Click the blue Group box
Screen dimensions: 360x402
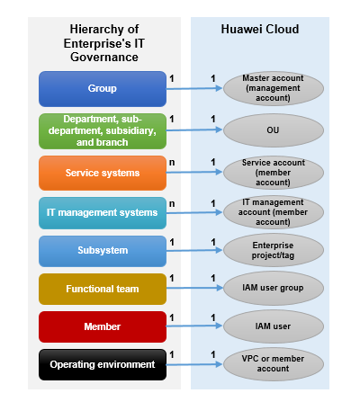tap(103, 89)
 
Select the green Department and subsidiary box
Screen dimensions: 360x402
tap(103, 131)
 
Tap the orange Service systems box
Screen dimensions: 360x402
tap(103, 173)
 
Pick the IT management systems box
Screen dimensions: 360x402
tap(103, 213)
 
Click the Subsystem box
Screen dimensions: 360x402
tap(103, 251)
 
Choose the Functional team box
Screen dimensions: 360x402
tap(103, 289)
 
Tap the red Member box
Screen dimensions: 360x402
tap(103, 326)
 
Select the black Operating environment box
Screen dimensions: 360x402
tap(103, 364)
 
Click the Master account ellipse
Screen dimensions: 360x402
tap(274, 88)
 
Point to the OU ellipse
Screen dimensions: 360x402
tap(274, 130)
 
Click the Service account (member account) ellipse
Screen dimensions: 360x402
tap(274, 173)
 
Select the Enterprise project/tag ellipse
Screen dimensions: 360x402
tap(274, 250)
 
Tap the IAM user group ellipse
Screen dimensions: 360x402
tap(274, 288)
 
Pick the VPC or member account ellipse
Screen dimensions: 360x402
tap(274, 364)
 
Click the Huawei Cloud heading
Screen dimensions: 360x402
tap(260, 29)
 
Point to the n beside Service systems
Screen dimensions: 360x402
tap(172, 163)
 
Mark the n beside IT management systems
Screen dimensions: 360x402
tap(172, 204)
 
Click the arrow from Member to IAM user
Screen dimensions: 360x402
tap(194, 326)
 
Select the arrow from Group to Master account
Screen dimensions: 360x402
tap(194, 88)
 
